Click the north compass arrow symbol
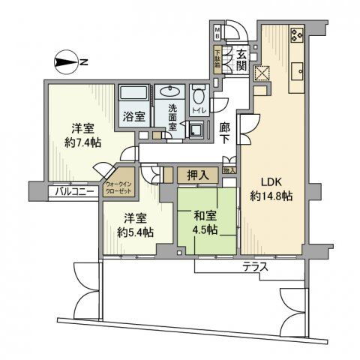pyautogui.click(x=68, y=61)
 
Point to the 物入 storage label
pyautogui.click(x=230, y=170)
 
